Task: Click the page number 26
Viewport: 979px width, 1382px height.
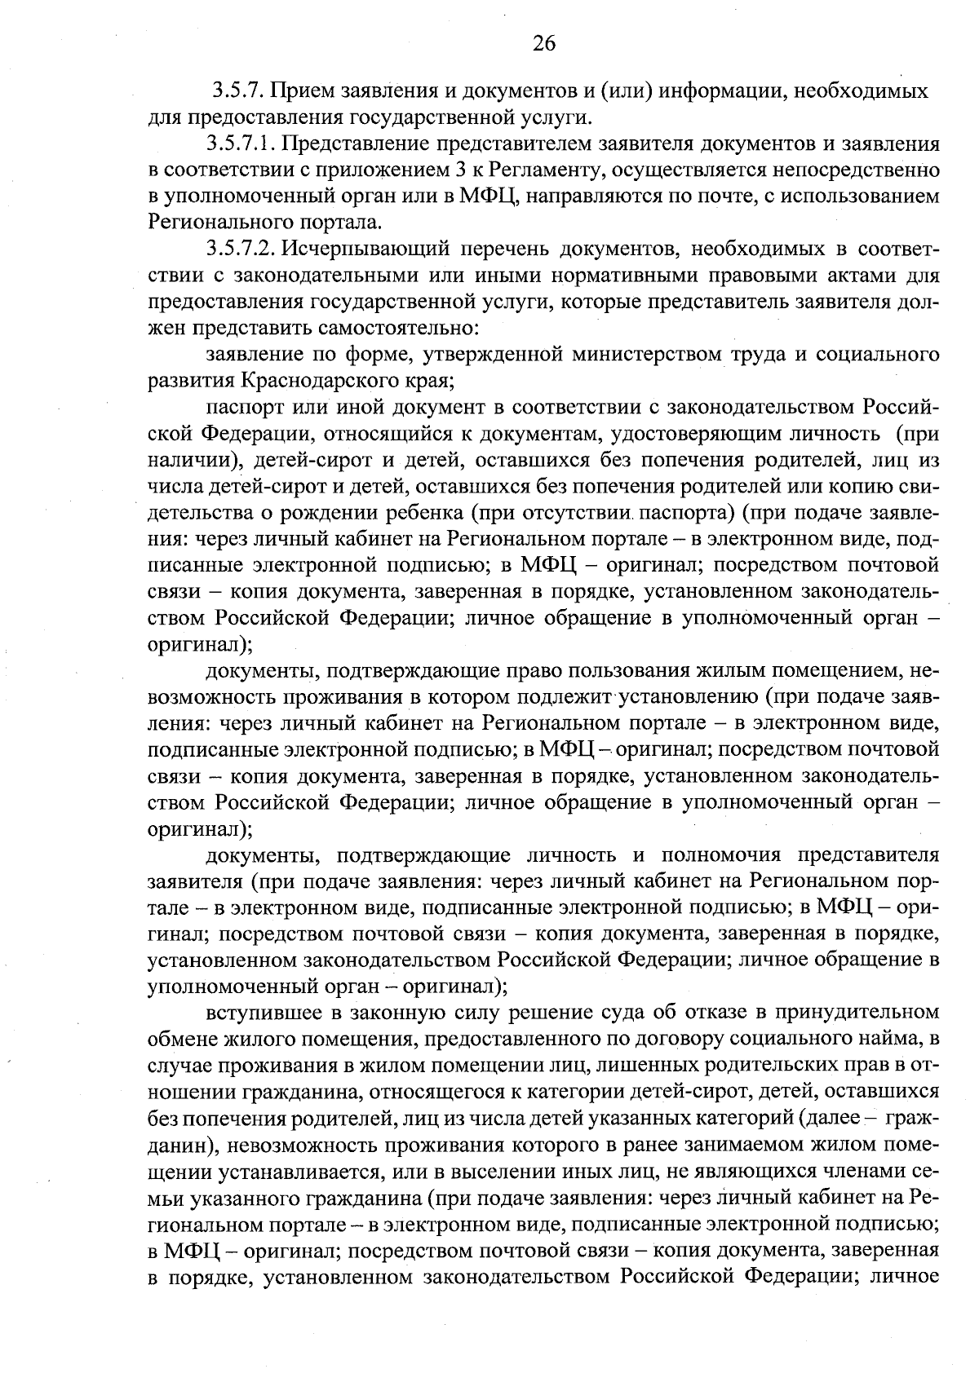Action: pyautogui.click(x=543, y=44)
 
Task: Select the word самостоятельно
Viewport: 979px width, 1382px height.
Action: pyautogui.click(x=387, y=328)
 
